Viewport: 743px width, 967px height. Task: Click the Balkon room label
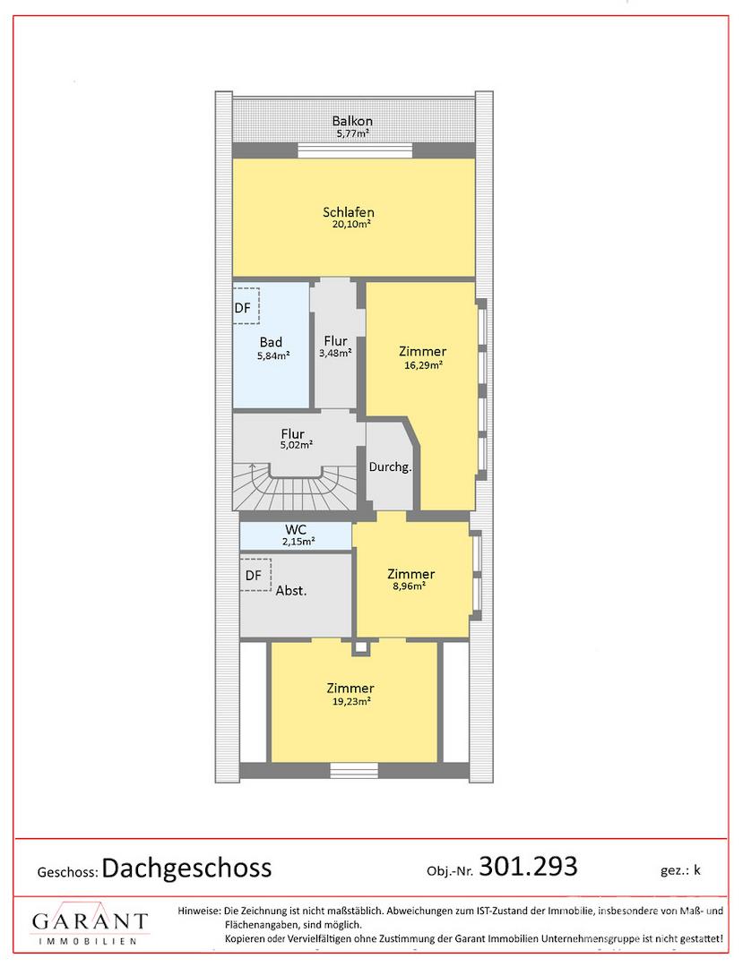351,121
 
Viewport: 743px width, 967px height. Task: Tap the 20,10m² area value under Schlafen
351,225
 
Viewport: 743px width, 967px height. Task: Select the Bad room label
271,342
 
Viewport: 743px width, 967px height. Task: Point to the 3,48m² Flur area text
335,354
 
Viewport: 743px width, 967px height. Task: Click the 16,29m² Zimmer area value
423,364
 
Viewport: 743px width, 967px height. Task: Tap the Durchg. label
390,467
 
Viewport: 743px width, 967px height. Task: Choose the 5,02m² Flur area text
296,445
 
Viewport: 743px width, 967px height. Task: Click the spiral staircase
295,487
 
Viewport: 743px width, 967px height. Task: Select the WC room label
296,530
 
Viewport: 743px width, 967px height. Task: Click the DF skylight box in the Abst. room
255,574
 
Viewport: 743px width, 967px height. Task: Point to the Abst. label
291,591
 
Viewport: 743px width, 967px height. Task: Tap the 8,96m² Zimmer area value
409,586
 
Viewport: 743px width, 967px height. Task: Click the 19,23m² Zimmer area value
351,701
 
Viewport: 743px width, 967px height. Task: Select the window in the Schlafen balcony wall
355,150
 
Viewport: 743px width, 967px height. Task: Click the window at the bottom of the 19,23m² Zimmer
354,770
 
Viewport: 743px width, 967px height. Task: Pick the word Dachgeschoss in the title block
187,869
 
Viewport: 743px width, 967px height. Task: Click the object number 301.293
528,866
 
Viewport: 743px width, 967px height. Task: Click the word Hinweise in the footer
199,911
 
